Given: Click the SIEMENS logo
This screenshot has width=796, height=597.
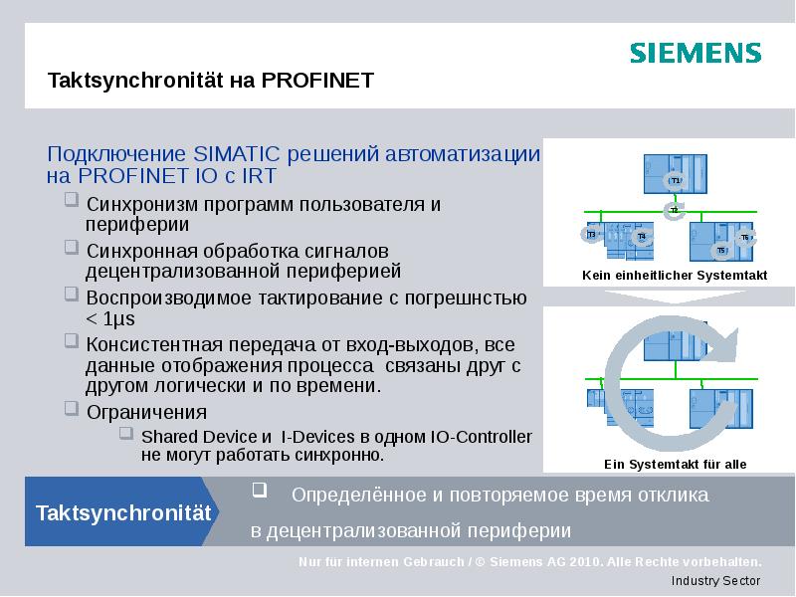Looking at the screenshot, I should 695,53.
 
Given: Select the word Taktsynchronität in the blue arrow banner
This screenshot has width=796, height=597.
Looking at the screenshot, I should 123,513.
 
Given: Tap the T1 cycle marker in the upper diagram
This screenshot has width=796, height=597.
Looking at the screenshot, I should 674,181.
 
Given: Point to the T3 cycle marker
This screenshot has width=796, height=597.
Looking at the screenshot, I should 590,235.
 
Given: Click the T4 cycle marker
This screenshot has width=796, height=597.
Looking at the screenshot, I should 642,236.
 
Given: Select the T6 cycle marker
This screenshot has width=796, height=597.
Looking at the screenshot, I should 745,238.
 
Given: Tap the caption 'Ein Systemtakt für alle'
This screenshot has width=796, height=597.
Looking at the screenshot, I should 675,464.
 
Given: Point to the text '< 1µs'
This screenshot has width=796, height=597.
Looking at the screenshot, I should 109,318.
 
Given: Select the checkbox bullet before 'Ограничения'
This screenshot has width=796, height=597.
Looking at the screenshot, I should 70,408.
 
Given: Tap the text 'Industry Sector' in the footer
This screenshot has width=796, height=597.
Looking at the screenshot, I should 715,581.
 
